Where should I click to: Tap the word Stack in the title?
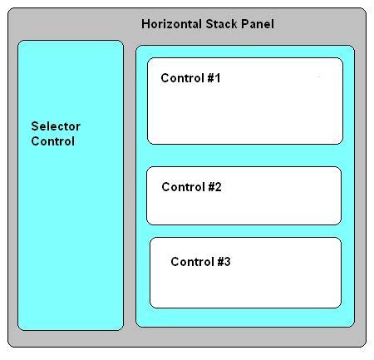[224, 23]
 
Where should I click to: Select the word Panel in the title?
[258, 23]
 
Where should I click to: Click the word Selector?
[56, 126]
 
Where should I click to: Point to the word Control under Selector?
[52, 141]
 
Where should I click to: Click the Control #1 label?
[190, 78]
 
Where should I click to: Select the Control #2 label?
[191, 186]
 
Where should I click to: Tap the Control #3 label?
[200, 261]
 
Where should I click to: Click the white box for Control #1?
[245, 112]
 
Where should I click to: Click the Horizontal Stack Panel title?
[208, 23]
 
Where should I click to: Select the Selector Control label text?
[55, 134]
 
